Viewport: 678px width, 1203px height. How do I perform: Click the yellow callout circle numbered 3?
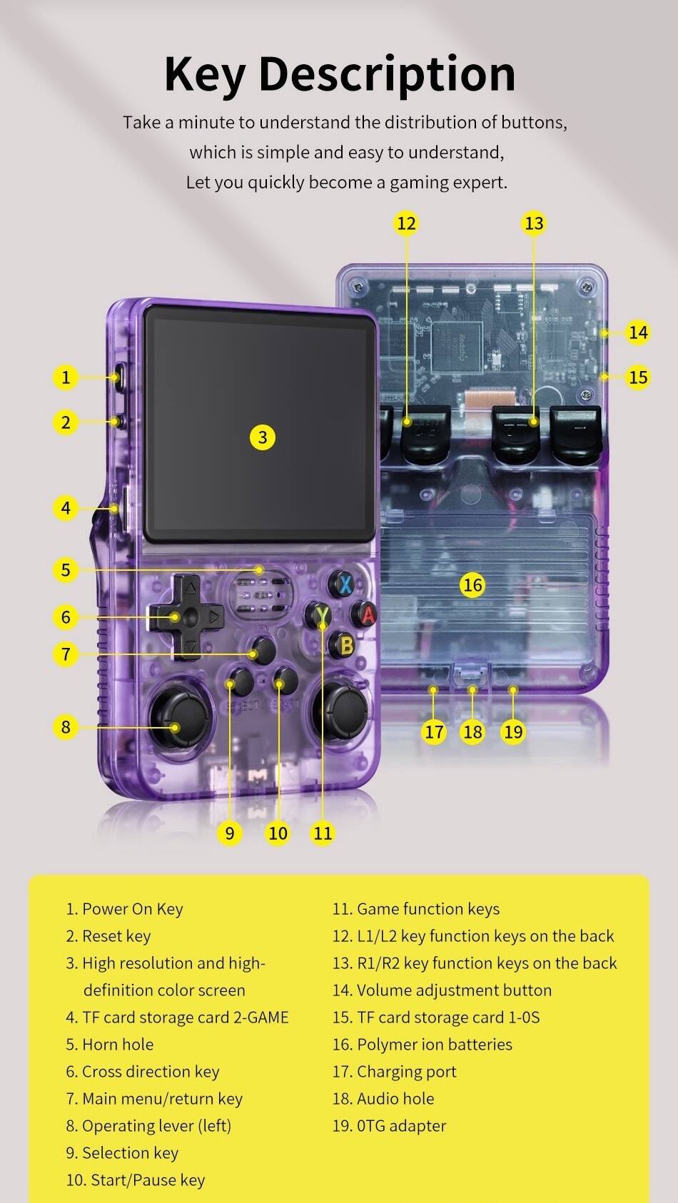(x=263, y=437)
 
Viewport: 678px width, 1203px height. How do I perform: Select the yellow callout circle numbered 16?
(x=472, y=585)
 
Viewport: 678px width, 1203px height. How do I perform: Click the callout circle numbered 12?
(x=406, y=223)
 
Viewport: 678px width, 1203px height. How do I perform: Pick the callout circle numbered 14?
(x=638, y=332)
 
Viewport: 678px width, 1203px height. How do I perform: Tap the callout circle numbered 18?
(x=472, y=731)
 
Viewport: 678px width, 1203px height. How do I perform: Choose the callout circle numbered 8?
(x=66, y=727)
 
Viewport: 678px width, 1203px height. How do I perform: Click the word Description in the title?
(x=387, y=73)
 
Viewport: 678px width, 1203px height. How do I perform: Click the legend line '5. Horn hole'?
(x=110, y=1045)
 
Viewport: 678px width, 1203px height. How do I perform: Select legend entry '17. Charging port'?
(x=394, y=1072)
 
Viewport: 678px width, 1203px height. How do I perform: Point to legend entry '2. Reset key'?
(x=108, y=936)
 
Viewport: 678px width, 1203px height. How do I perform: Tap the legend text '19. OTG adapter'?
(x=389, y=1126)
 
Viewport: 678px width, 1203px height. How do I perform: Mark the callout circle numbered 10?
(x=278, y=833)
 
